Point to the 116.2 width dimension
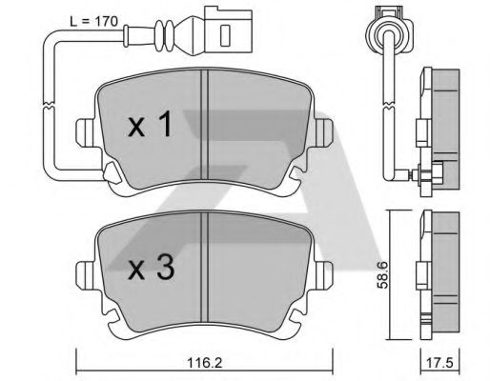coord(205,362)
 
